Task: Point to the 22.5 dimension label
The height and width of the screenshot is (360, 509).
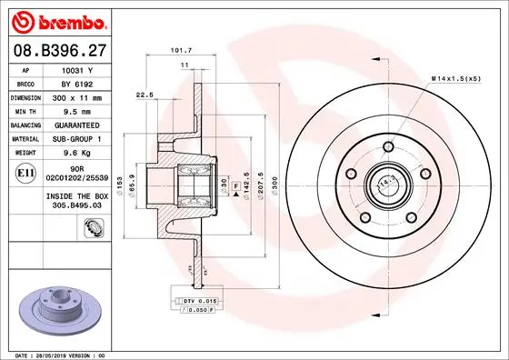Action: [145, 94]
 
